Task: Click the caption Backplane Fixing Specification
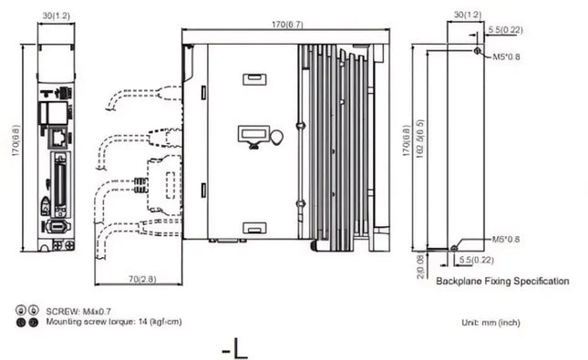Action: [502, 282]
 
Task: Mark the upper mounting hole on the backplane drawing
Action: [480, 50]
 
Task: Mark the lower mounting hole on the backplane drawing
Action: [454, 246]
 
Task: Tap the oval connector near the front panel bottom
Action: [57, 225]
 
